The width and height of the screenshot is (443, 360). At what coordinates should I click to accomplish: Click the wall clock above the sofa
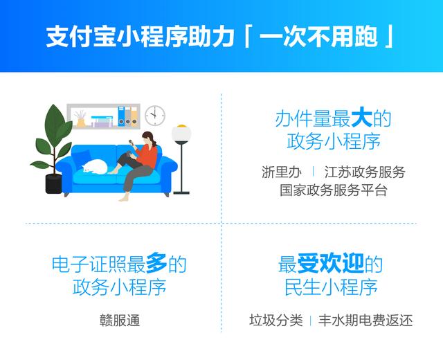click(x=155, y=116)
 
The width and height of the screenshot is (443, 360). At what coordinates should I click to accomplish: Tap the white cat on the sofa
click(x=95, y=167)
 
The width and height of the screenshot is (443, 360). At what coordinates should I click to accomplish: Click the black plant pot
click(x=54, y=183)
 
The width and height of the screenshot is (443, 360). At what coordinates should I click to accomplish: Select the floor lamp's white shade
click(x=181, y=134)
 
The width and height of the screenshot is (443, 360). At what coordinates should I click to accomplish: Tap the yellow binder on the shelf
click(x=134, y=116)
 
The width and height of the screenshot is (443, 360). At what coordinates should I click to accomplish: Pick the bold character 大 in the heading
click(x=361, y=118)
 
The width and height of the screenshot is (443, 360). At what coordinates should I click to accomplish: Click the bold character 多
click(x=156, y=263)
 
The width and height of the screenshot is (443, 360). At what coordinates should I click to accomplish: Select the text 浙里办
click(x=282, y=172)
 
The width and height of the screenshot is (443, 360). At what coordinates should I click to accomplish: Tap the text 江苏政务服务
click(x=365, y=172)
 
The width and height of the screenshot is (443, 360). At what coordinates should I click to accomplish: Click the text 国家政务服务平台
click(x=333, y=190)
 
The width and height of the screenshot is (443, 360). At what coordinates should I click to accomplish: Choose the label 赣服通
click(x=120, y=321)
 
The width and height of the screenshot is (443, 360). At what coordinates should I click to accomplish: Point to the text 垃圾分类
click(x=276, y=320)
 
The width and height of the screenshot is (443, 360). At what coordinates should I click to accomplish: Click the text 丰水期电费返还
click(x=365, y=320)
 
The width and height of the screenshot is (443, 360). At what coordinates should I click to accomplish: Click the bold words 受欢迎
click(x=331, y=264)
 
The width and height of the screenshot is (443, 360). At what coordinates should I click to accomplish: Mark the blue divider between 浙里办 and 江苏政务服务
click(x=313, y=172)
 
